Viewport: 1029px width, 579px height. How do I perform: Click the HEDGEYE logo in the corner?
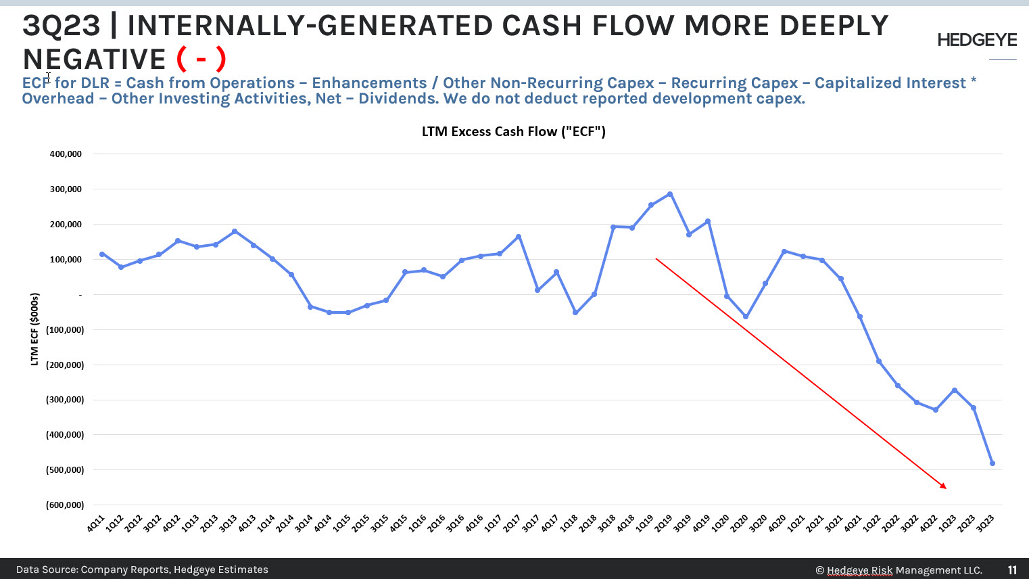[976, 41]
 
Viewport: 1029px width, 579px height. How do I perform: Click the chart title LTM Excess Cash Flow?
[513, 132]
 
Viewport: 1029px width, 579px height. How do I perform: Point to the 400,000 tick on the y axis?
[66, 154]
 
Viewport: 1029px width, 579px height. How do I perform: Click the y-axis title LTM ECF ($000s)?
[34, 329]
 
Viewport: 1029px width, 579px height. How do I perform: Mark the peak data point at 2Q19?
[670, 194]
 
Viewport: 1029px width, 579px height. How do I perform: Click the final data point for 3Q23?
[992, 463]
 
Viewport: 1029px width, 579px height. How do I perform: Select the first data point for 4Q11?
[102, 254]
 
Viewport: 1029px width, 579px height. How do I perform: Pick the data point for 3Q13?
[235, 231]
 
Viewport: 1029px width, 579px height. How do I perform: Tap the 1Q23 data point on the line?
[955, 390]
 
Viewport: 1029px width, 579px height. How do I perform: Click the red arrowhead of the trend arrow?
[944, 486]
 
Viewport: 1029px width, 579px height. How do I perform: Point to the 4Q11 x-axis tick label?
[95, 523]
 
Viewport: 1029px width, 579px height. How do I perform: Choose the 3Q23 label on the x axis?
[986, 523]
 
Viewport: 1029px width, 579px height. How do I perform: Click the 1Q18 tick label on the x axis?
[569, 523]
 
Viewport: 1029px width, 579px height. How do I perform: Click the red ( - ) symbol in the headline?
[201, 60]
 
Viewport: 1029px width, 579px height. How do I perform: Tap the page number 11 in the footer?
[1012, 570]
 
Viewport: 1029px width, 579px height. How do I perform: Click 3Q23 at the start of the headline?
[61, 26]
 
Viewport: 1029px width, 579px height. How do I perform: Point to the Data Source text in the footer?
[142, 570]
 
